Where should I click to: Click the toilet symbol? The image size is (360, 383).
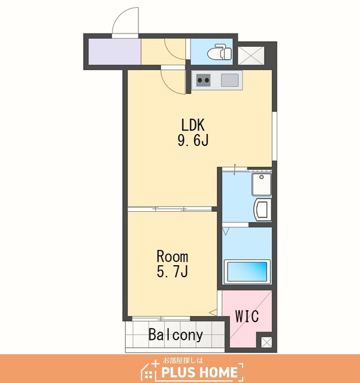point(219,52)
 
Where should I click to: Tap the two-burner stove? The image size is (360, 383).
point(203,80)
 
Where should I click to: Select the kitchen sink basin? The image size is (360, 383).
point(229,80)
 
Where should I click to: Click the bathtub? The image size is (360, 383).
point(247,272)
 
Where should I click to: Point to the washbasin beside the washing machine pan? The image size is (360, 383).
point(263,209)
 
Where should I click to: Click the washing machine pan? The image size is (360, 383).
point(261,184)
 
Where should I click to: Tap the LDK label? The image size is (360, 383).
point(193,125)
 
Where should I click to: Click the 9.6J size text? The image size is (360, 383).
point(193,140)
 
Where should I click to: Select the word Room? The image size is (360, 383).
point(173,256)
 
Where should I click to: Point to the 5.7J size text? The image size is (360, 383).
point(173,271)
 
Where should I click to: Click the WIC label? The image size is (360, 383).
point(247,317)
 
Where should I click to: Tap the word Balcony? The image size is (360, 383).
point(176,335)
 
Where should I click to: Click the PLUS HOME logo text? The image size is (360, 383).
point(199,373)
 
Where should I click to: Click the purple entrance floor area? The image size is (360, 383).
point(114,51)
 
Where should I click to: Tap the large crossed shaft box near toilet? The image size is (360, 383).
point(251,56)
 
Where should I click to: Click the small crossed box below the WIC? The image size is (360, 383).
point(267,342)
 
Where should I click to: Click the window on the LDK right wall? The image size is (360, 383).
point(275,136)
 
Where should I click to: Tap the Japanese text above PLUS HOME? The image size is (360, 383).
point(183,360)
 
